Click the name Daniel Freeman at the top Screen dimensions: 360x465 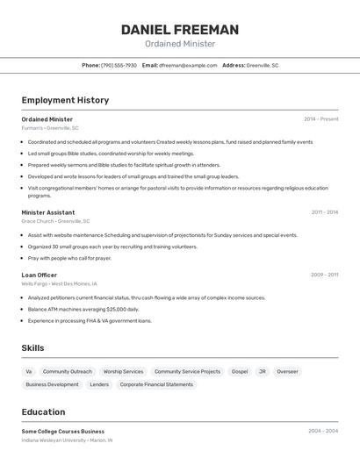coord(179,30)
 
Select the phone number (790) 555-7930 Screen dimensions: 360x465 coord(119,65)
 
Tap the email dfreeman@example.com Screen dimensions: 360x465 coord(187,65)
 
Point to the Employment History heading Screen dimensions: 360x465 coord(65,100)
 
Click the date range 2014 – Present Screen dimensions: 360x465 coord(320,119)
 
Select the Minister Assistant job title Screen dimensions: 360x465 coord(48,212)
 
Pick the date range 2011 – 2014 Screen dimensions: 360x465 coord(324,212)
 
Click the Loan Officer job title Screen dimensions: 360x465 coord(40,275)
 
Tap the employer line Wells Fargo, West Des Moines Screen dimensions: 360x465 coord(60,284)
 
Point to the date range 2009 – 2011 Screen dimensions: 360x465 coord(323,275)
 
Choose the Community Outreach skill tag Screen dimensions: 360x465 coord(68,371)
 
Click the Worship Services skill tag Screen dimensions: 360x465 coord(123,371)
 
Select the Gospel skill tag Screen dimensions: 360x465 coord(240,371)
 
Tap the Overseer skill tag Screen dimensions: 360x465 coord(287,371)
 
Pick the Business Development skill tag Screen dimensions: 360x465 coord(52,384)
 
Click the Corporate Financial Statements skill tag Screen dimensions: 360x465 coord(156,384)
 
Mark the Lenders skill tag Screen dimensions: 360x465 coord(99,384)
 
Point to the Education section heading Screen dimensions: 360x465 coord(43,412)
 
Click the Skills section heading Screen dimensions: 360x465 coord(32,348)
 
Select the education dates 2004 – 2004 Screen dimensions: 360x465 coord(323,431)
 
